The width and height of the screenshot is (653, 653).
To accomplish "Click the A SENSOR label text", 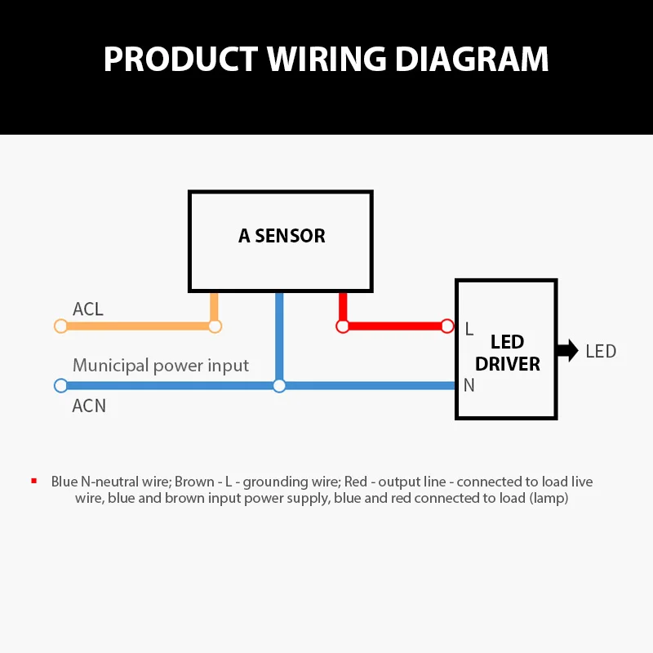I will tap(282, 236).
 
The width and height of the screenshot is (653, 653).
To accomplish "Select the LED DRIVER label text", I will tap(508, 353).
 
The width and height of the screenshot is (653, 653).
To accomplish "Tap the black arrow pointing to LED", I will tap(566, 351).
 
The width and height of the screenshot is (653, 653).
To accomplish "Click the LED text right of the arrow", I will tap(601, 352).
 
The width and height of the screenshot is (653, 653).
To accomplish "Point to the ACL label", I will tap(88, 309).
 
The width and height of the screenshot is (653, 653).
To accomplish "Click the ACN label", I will tap(89, 405).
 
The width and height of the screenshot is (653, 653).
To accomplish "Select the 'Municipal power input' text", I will tap(161, 365).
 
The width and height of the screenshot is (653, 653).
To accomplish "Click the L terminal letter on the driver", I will tap(469, 329).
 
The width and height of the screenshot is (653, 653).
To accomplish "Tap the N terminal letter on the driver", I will tap(469, 385).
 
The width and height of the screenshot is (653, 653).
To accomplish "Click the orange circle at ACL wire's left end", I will tap(60, 326).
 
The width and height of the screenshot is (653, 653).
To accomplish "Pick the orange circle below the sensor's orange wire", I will tap(215, 326).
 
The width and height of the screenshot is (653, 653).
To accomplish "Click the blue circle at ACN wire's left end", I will tap(60, 385).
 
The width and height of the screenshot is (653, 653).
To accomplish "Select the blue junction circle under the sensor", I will tap(279, 385).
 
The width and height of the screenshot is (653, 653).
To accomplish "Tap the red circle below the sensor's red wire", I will tap(343, 326).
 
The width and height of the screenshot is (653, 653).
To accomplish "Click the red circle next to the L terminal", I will tap(446, 326).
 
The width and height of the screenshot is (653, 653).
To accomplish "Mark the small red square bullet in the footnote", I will tap(34, 481).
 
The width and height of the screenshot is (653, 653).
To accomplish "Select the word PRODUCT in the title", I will tap(180, 60).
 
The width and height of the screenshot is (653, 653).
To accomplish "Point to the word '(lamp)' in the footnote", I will tap(547, 498).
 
